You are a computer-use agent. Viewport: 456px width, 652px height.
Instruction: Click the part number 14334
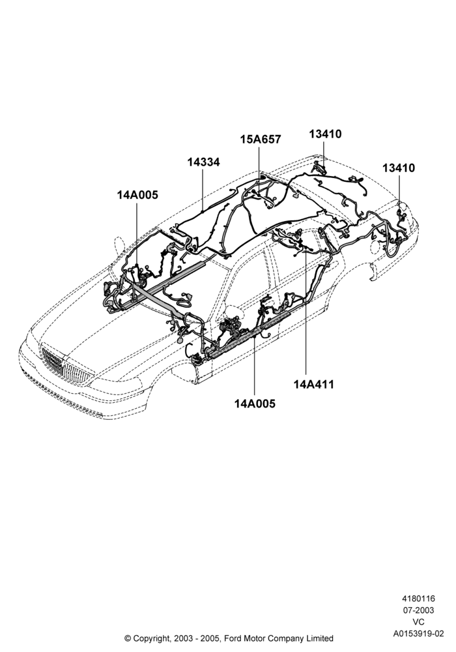203,162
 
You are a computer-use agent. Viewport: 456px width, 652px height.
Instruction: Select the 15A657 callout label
261,140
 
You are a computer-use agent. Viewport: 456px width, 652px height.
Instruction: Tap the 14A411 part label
313,384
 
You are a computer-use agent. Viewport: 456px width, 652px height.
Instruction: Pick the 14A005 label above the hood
137,194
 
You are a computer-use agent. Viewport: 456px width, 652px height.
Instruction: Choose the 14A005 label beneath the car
255,404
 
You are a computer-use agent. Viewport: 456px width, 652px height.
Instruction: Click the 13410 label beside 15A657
325,134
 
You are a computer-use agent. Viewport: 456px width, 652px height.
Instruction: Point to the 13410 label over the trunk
399,168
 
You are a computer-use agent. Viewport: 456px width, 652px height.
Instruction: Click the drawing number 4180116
418,599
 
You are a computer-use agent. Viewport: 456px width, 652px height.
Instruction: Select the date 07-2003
418,610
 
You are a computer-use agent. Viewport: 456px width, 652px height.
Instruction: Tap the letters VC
418,622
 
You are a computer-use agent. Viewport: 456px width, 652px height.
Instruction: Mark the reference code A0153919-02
418,634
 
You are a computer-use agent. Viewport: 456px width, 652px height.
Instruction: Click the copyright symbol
128,638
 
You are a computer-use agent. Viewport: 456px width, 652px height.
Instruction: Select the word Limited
320,638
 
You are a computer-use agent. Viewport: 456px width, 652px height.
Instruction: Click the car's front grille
66,366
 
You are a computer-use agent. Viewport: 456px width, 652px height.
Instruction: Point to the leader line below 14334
203,190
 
